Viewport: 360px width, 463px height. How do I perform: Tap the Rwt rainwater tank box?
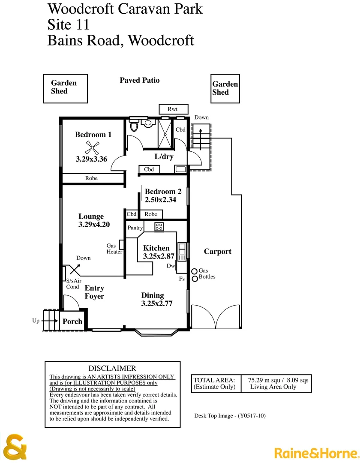coord(172,109)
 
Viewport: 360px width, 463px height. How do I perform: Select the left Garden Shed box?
coord(66,89)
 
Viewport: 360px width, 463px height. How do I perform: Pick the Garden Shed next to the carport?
coord(225,88)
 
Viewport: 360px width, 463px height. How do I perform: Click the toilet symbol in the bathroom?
coord(134,126)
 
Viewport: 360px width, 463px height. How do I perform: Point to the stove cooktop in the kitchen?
coord(159,227)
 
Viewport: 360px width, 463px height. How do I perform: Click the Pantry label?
coord(135,228)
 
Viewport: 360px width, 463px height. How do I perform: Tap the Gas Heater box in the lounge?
coord(121,245)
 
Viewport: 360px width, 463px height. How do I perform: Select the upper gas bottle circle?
coord(194,271)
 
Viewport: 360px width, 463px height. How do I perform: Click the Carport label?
coord(217,252)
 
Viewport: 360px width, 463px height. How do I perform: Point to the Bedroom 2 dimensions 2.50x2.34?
coord(160,200)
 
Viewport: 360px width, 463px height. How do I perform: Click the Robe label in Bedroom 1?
coord(91,178)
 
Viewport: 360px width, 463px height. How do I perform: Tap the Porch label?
coord(72,321)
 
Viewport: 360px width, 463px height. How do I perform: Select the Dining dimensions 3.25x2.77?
coord(156,304)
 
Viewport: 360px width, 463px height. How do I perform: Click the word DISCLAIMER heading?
coord(112,368)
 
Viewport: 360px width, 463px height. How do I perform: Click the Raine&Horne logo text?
coord(315,453)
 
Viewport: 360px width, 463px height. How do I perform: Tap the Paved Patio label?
coord(139,80)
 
